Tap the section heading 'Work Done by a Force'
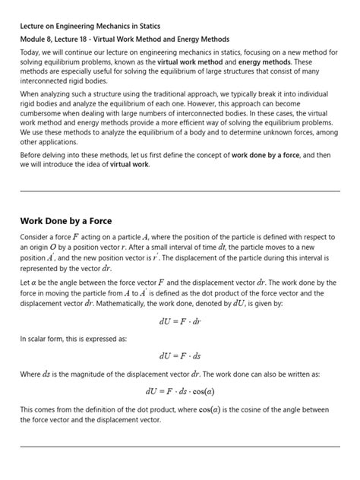tap(65, 221)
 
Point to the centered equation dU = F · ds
tap(180, 355)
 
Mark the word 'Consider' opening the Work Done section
tap(36, 236)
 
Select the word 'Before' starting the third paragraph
tap(33, 154)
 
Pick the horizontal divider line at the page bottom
tap(180, 447)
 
